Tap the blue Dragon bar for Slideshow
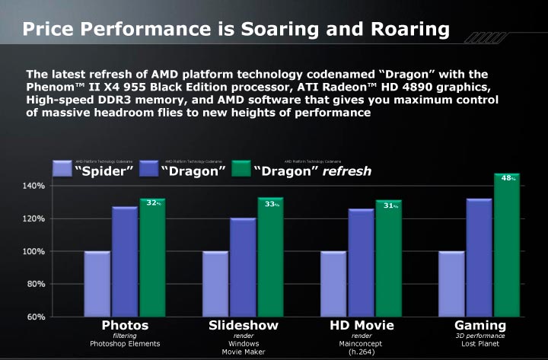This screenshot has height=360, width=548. click(x=244, y=267)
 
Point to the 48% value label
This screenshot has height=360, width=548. click(x=508, y=178)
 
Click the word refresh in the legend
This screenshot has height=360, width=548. click(x=347, y=171)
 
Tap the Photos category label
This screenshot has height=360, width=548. click(x=125, y=326)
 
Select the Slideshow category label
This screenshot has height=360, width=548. click(x=244, y=326)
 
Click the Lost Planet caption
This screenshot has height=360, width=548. click(x=479, y=344)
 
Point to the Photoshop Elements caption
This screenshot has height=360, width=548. click(x=125, y=344)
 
